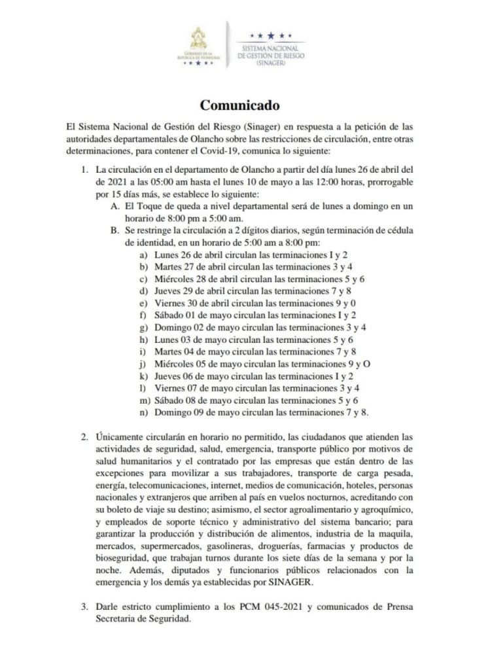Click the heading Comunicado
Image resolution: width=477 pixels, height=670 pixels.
click(239, 105)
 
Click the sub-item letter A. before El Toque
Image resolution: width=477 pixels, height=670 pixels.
click(115, 206)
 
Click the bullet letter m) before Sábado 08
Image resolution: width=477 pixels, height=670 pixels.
click(141, 400)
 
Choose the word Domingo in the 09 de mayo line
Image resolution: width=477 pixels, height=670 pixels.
click(172, 412)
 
